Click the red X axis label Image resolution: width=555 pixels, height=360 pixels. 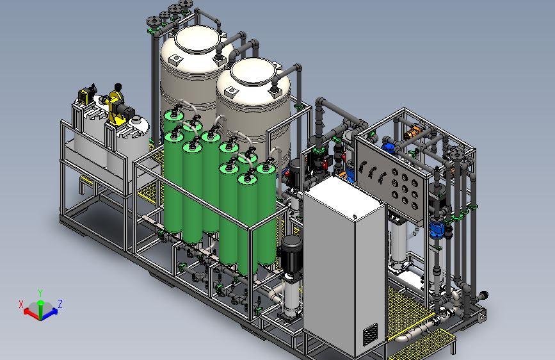point(20,304)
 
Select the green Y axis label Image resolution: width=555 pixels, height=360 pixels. point(40,291)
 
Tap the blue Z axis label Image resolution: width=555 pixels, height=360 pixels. point(60,304)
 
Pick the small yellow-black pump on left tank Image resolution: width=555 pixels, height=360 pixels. point(85,97)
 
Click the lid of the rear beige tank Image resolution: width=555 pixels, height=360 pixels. point(195,40)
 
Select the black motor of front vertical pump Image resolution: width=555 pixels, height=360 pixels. point(291,249)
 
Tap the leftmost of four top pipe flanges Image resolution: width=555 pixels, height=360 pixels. point(152,21)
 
